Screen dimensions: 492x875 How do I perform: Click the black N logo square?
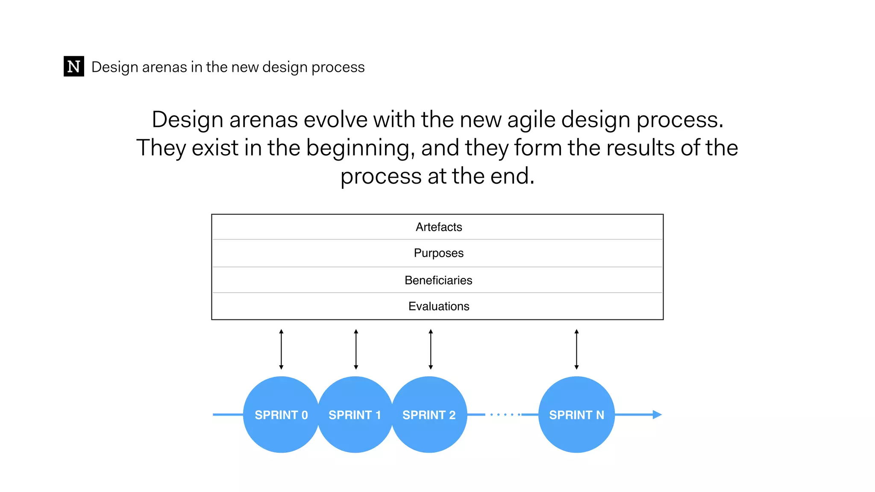coord(73,66)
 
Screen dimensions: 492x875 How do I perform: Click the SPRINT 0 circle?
coord(281,415)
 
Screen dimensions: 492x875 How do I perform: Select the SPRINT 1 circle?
coord(355,415)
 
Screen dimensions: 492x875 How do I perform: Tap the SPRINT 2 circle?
coord(429,415)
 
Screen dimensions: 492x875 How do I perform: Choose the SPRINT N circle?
coord(576,415)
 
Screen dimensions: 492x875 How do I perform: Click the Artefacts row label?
coord(439,227)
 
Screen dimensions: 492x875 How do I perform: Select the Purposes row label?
coord(439,253)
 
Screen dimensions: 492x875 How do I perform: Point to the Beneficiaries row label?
coord(438,280)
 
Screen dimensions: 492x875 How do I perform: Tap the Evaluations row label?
coord(439,306)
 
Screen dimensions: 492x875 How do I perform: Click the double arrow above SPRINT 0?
coord(281,349)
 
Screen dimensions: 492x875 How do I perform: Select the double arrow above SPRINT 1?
coord(356,349)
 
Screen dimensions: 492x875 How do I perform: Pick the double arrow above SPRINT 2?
coord(431,349)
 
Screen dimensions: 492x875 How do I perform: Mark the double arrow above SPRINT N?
coord(576,349)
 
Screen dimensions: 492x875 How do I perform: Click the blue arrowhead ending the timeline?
coord(657,415)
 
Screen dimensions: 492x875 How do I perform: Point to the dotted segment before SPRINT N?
coord(505,415)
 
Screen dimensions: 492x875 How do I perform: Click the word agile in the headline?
coord(531,120)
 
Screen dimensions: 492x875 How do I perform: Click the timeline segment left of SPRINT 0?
coord(228,415)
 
